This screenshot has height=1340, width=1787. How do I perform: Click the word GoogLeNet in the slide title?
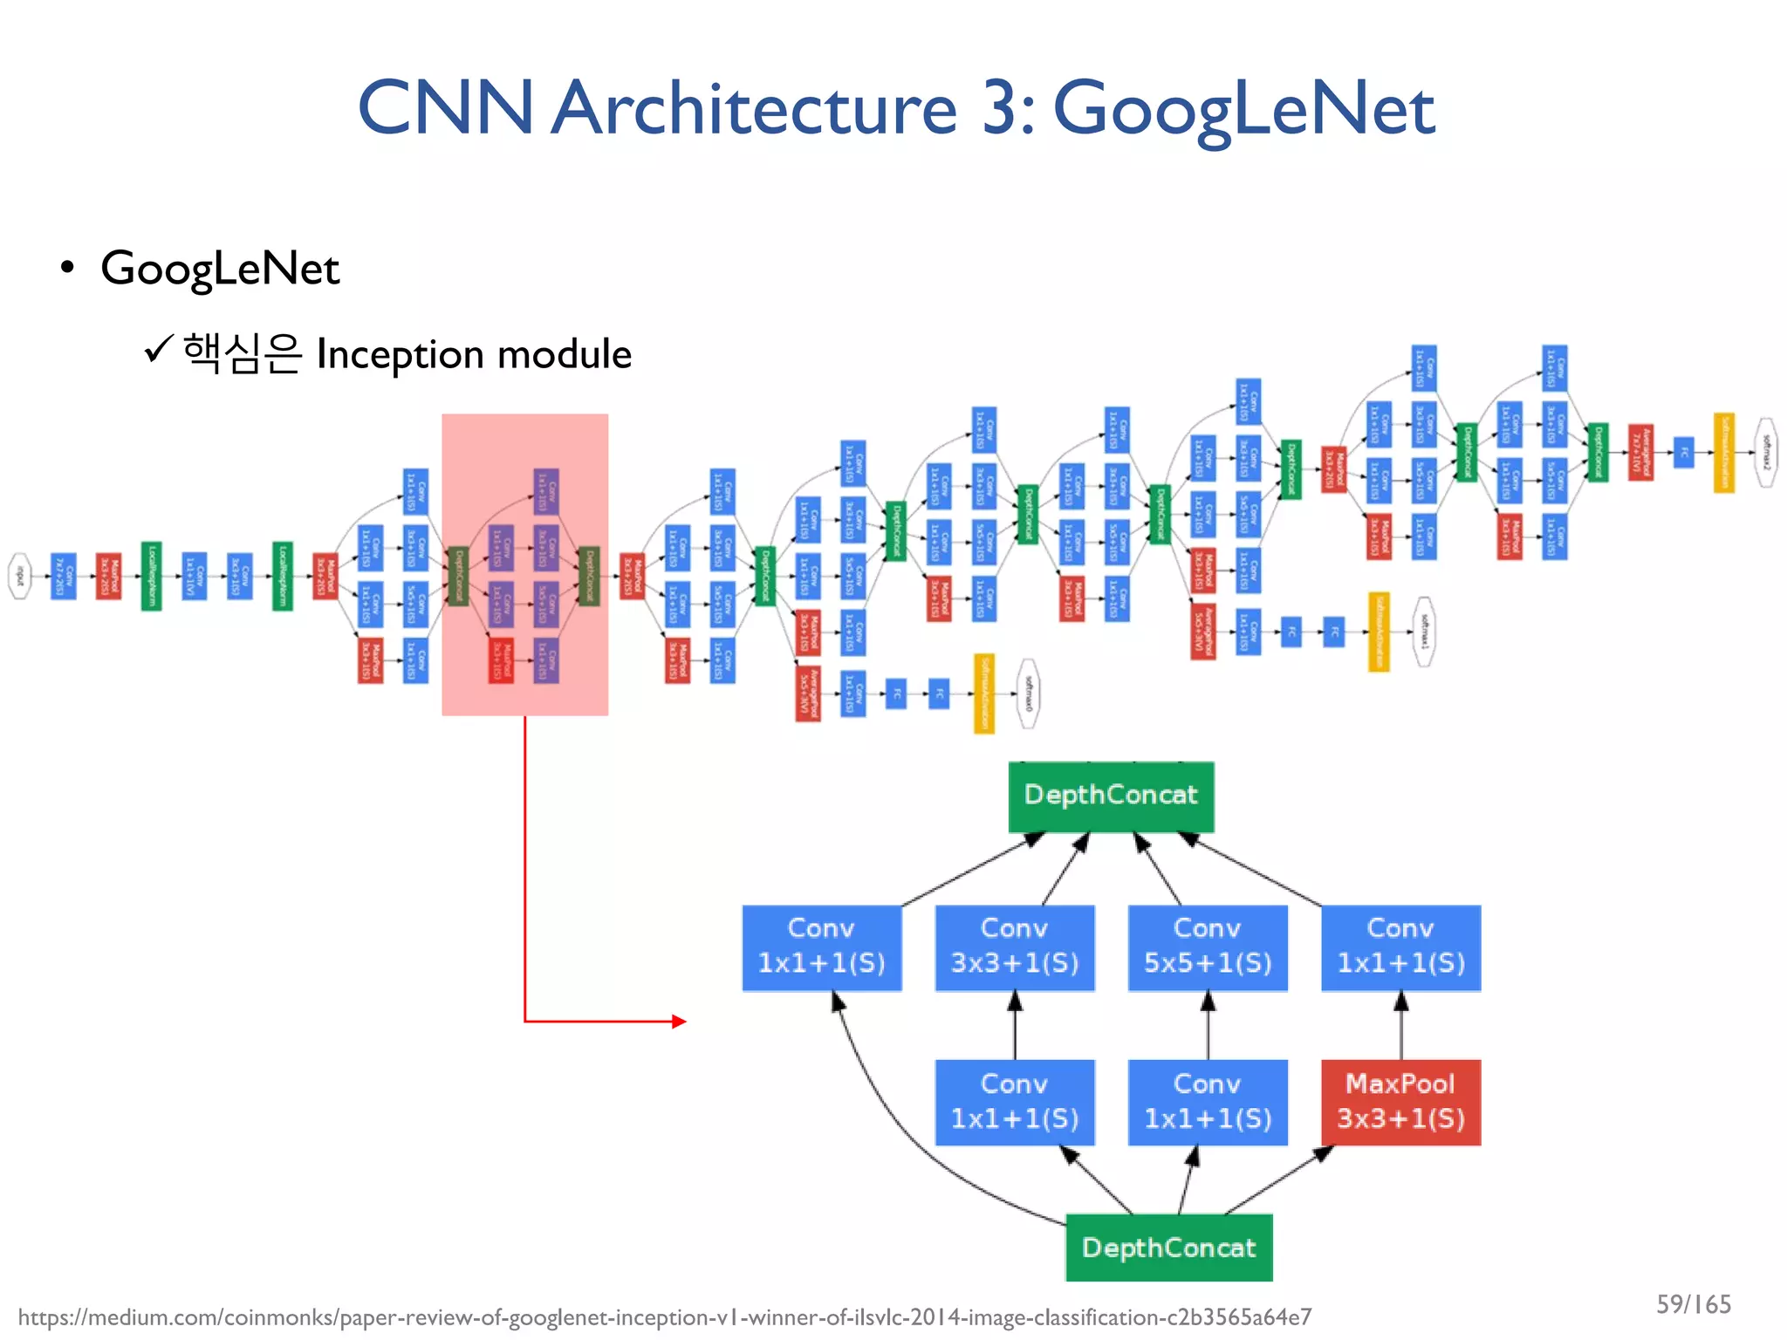coord(1243,109)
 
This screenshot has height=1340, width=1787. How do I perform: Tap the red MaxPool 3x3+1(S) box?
coord(1400,1102)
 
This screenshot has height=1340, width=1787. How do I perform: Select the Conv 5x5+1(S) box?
coord(1208,947)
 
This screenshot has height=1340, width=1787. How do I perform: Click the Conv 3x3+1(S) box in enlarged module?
coord(1015,947)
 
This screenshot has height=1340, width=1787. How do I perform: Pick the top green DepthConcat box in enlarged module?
coord(1111,796)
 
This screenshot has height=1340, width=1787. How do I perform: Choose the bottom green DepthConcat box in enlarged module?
coord(1168,1248)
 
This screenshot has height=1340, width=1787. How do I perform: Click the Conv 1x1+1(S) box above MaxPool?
coord(1400,947)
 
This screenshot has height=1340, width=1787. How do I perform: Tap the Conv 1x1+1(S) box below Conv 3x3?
coord(1015,1102)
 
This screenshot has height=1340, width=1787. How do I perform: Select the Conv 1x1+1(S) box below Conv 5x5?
coord(1208,1102)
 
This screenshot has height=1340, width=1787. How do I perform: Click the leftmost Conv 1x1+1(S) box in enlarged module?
coord(821,947)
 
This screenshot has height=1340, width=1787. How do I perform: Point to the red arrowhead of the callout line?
coord(680,1021)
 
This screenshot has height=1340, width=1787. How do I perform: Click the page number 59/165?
coord(1693,1304)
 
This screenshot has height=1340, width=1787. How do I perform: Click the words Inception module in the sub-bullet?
coord(474,354)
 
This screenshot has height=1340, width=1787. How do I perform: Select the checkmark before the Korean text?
coord(158,350)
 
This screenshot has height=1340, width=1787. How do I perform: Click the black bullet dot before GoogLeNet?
coord(67,268)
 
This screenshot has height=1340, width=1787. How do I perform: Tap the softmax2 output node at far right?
coord(1766,452)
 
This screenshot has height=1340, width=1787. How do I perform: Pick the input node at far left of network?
coord(19,576)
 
